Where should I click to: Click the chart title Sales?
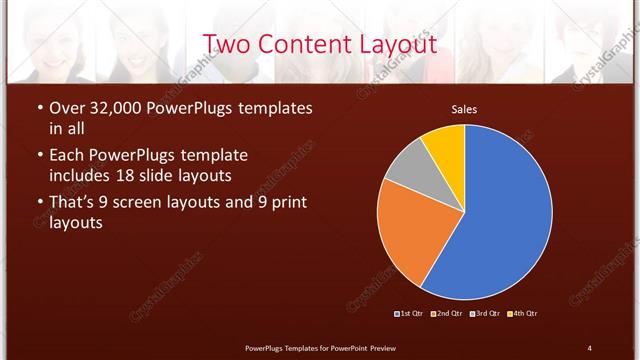tap(463, 109)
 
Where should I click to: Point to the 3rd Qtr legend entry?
tap(484, 314)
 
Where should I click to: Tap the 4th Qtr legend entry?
tap(522, 314)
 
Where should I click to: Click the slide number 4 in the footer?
tap(589, 347)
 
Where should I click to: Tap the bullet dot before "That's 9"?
tap(39, 203)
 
